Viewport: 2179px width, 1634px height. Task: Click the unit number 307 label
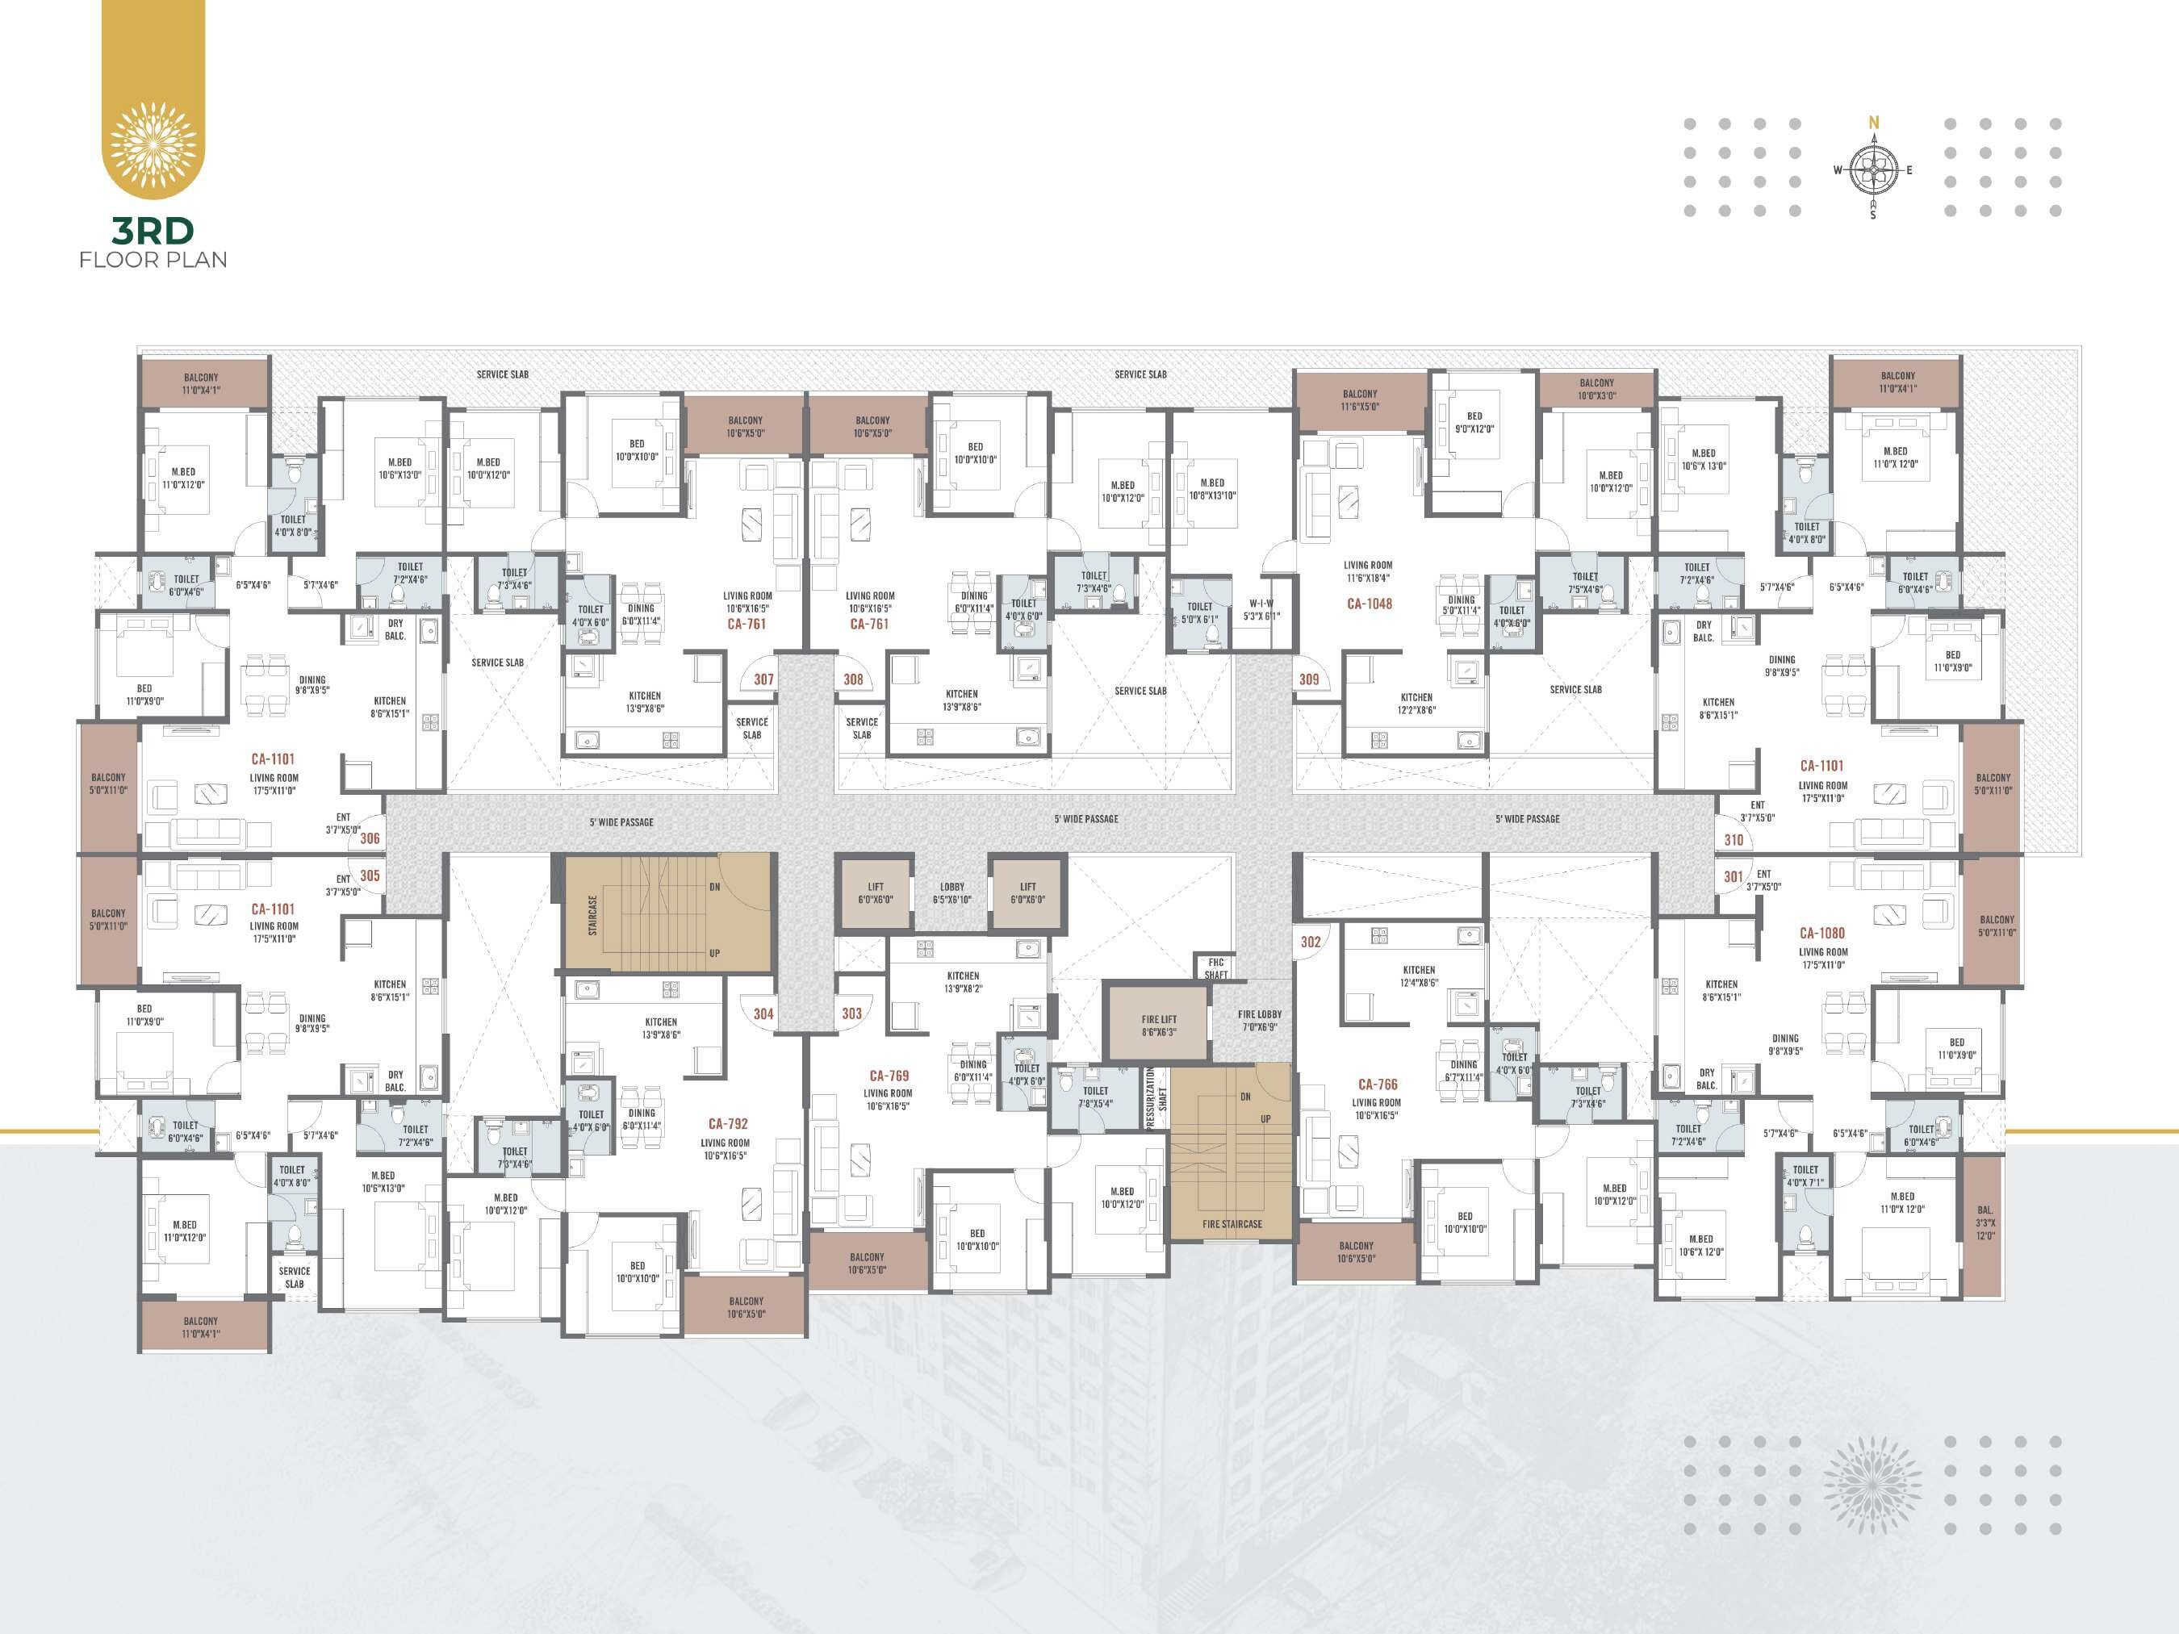coord(763,679)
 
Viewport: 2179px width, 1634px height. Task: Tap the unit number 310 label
coord(1734,840)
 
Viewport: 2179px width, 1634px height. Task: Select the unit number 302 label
coord(1310,942)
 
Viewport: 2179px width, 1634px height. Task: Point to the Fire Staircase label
coord(1232,1224)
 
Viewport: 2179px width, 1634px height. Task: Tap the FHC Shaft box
coord(1215,968)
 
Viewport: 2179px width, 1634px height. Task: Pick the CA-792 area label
coord(728,1123)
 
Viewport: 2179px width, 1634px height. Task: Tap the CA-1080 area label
coord(1821,933)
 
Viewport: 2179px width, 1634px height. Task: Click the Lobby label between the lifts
coord(951,893)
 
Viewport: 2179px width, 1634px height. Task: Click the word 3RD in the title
coord(153,231)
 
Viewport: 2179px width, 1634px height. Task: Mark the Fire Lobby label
coord(1259,1019)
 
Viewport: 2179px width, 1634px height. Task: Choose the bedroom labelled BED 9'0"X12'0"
coord(1474,423)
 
